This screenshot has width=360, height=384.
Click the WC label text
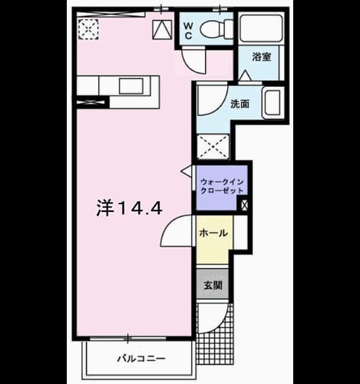(188, 31)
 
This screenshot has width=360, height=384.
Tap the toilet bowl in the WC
(216, 28)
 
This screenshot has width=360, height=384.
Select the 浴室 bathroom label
(262, 57)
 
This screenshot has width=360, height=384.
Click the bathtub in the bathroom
(261, 28)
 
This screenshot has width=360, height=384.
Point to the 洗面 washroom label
(239, 104)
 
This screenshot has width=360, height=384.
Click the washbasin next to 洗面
(273, 103)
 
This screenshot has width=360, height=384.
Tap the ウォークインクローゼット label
(222, 187)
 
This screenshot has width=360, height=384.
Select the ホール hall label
(213, 233)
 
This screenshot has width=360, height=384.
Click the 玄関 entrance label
(213, 285)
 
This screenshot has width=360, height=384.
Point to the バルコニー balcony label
(141, 359)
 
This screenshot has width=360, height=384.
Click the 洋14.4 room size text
(129, 207)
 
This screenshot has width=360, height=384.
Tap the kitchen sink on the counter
(131, 86)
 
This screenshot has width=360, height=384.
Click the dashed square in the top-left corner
(88, 28)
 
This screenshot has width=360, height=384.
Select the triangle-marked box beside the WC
(162, 30)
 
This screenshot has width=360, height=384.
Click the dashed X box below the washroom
(213, 147)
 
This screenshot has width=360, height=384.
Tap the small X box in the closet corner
(244, 204)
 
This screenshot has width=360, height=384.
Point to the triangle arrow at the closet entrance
(187, 171)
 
